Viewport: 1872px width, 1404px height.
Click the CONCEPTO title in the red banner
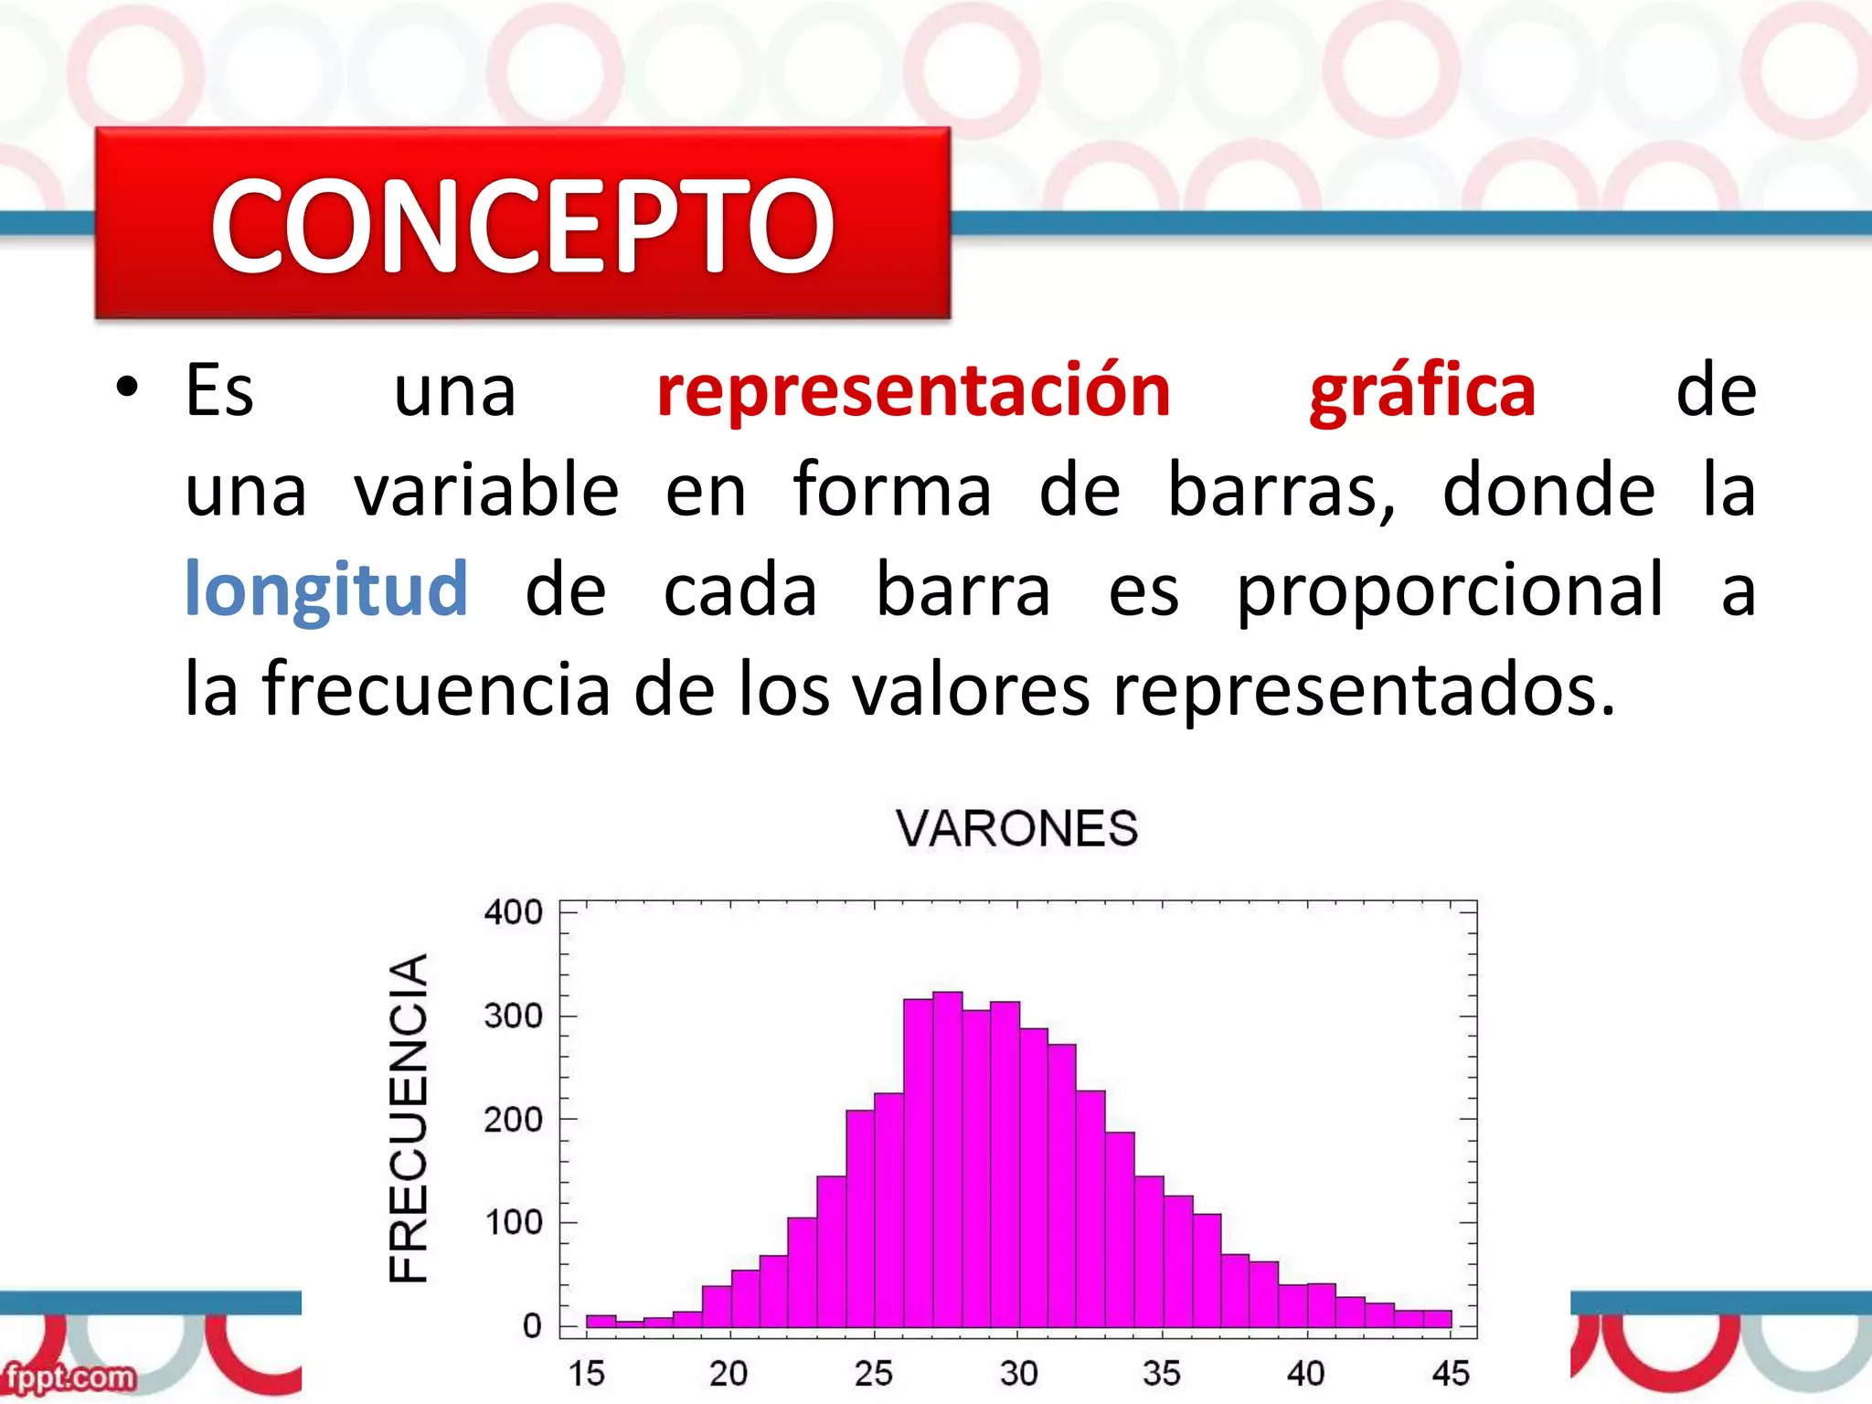[522, 226]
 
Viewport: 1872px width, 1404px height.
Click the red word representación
[913, 391]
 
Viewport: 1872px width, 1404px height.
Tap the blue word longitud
[326, 591]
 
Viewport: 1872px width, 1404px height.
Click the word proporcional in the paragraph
[1450, 591]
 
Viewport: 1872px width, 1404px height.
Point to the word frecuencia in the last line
[436, 690]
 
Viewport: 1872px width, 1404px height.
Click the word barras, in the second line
[1282, 492]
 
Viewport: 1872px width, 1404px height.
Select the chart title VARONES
[1016, 829]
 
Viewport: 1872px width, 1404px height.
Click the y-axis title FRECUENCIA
[408, 1118]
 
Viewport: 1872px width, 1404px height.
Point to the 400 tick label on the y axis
[514, 912]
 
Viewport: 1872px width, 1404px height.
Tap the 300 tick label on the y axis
[514, 1016]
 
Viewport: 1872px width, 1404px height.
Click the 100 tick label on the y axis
[514, 1223]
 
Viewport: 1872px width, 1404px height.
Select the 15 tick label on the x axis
[586, 1373]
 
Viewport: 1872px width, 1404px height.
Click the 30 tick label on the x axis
[1018, 1373]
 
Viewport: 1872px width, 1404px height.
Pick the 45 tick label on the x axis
[1451, 1373]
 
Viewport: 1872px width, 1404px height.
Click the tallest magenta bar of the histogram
[947, 1161]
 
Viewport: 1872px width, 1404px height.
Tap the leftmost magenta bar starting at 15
[601, 1321]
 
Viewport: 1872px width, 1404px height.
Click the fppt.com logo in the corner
[69, 1377]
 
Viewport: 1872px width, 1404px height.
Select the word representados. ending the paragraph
[1364, 690]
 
